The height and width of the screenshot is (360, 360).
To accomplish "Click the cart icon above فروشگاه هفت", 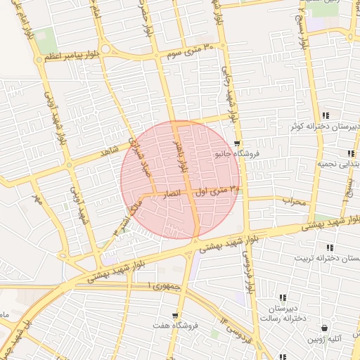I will (174, 316).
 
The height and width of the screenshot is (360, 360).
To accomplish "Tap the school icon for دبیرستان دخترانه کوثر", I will (325, 115).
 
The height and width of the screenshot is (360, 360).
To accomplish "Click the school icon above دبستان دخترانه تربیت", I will (329, 247).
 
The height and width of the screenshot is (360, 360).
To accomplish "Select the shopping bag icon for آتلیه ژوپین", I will (324, 328).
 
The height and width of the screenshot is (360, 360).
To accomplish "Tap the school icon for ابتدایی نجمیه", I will (349, 153).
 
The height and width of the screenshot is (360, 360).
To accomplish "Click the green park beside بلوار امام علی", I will (46, 41).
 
